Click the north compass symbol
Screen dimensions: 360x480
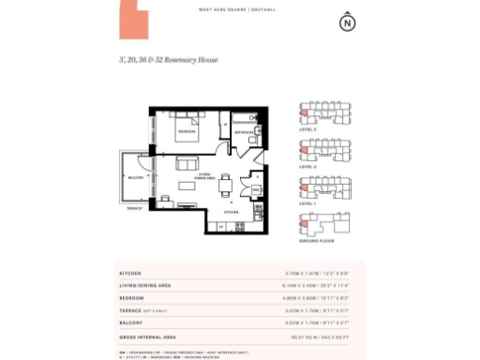[349, 22]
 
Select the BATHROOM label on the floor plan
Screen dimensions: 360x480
[244, 132]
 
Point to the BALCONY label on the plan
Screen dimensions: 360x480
[135, 176]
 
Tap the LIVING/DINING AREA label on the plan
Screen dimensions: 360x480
[205, 175]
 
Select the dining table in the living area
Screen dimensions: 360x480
[225, 186]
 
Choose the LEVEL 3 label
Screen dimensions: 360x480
[307, 128]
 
